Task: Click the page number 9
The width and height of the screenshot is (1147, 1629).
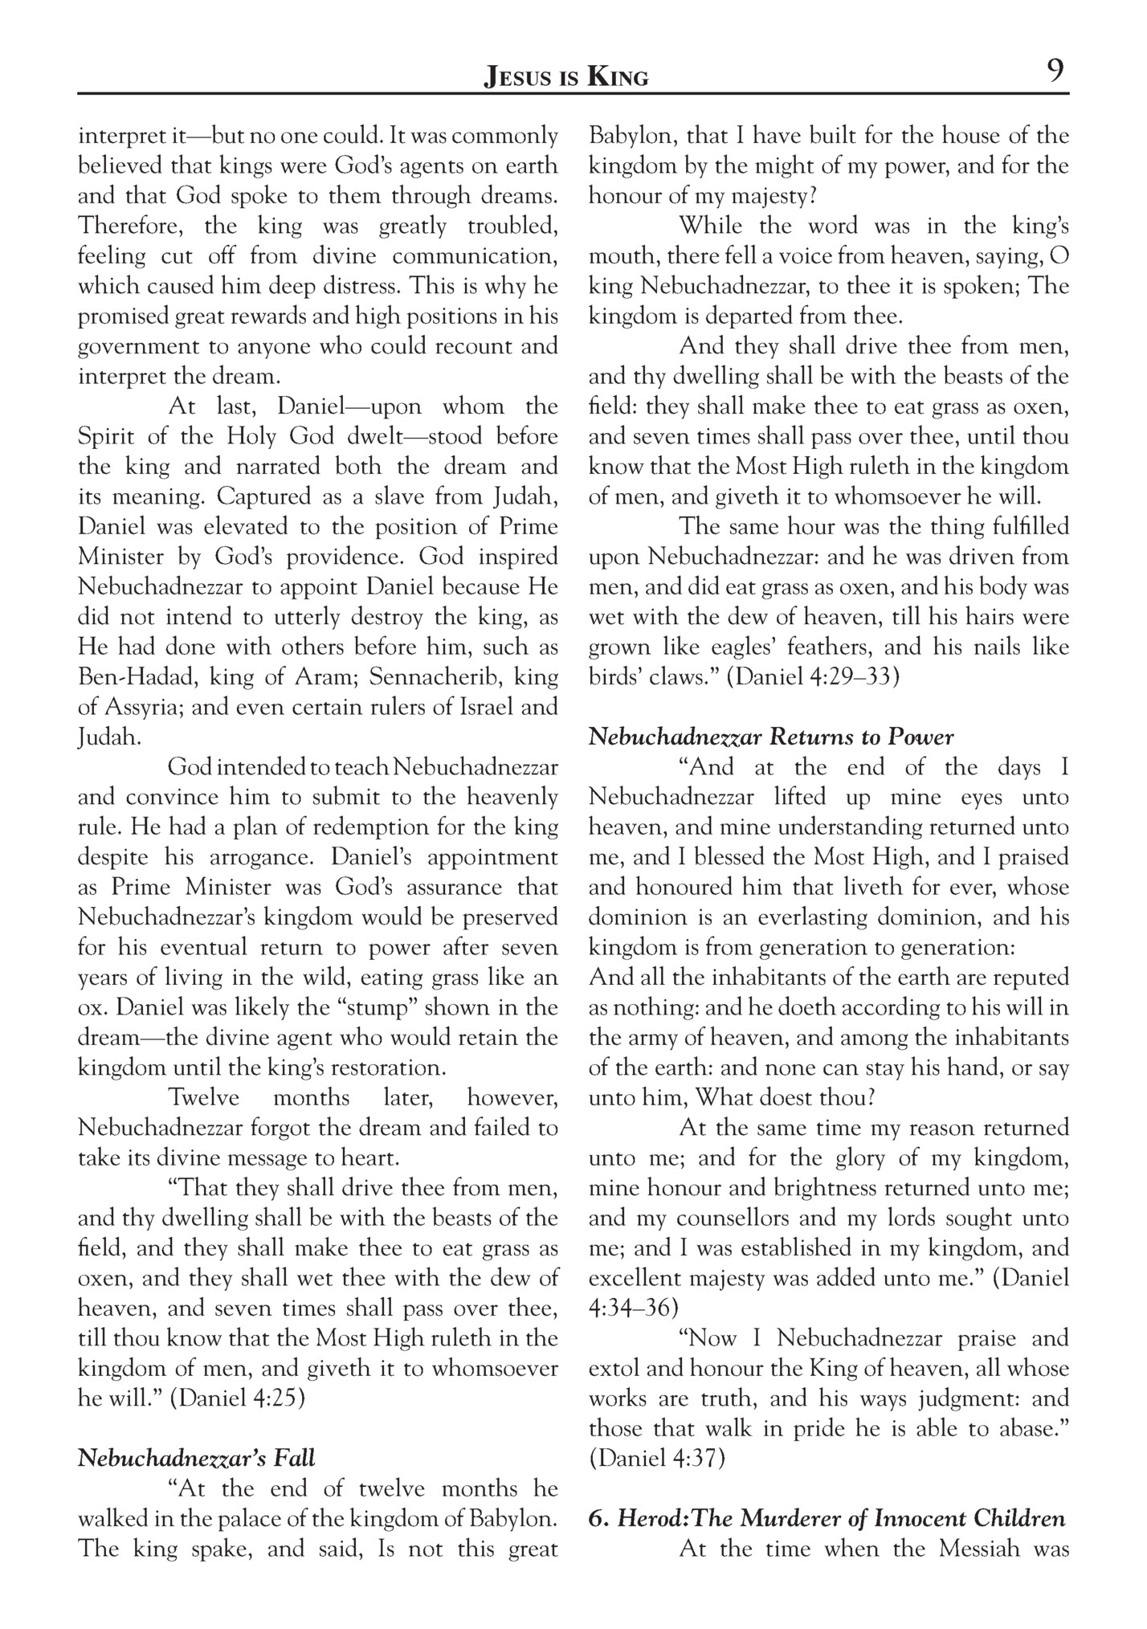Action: [1055, 71]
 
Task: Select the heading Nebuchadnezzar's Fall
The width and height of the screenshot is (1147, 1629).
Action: [196, 1458]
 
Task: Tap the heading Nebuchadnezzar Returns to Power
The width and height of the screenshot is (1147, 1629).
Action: [771, 737]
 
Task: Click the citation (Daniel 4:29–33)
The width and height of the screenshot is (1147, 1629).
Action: [813, 676]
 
